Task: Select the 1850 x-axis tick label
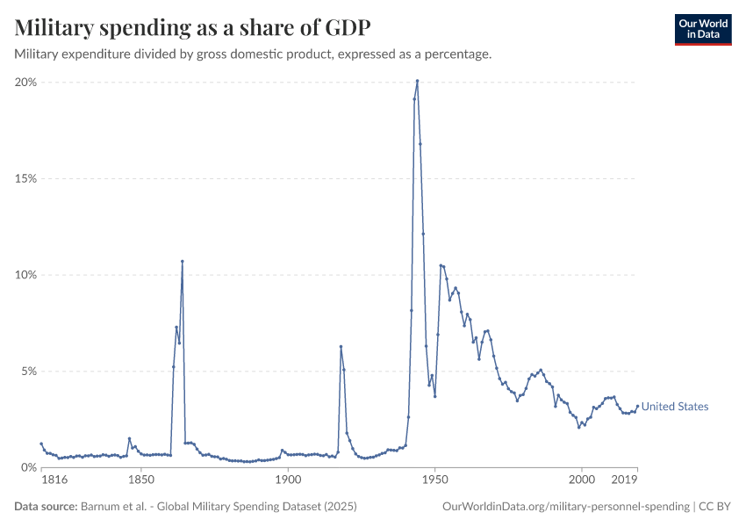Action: pos(140,480)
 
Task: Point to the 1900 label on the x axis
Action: pos(287,480)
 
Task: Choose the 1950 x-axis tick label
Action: pos(434,480)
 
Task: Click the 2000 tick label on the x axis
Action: pos(581,480)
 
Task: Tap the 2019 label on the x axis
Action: pos(624,480)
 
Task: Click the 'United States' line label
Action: pos(675,407)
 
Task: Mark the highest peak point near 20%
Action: pos(417,81)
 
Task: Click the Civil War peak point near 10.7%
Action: pos(182,261)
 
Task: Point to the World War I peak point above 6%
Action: pos(341,346)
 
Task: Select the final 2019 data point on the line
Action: pos(637,406)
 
